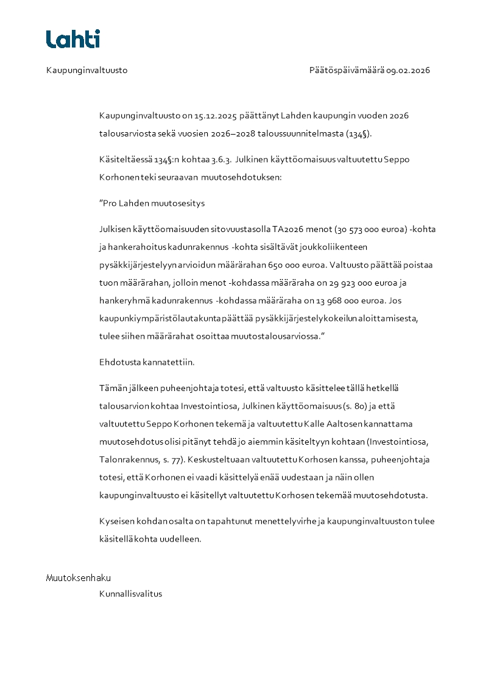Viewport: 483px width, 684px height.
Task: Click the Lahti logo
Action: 73,39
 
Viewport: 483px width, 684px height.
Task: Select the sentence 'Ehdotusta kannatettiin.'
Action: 147,362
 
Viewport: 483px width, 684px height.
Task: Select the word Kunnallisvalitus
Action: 130,594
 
